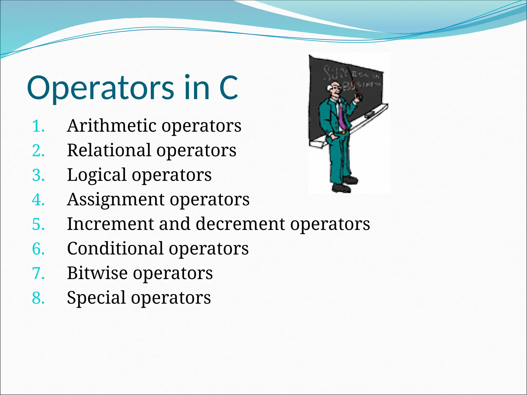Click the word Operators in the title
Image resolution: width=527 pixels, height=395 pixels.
100,88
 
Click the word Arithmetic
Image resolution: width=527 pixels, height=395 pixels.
111,126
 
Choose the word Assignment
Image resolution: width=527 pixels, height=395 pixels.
116,199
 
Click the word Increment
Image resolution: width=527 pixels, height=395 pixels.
110,224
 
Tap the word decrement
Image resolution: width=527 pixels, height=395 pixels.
240,224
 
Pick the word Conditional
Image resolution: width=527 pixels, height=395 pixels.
115,248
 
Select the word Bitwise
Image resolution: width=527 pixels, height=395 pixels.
97,273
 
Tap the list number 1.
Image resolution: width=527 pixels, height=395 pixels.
38,126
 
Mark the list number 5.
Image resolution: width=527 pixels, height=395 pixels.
38,224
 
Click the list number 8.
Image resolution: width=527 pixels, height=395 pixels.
38,298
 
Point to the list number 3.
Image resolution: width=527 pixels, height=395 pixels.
38,175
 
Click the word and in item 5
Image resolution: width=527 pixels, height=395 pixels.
175,224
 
